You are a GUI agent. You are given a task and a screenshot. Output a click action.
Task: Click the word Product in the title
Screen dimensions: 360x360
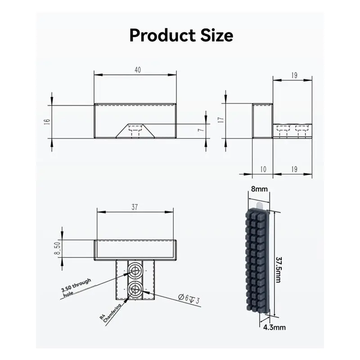tap(162, 36)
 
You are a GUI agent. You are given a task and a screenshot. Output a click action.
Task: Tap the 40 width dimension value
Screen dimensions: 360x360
tap(138, 70)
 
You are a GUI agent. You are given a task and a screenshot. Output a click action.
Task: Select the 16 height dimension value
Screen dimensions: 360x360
tap(47, 121)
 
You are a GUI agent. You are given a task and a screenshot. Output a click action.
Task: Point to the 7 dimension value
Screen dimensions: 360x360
tap(201, 130)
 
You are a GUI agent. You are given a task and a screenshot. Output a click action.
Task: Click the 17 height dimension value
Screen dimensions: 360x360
tap(221, 120)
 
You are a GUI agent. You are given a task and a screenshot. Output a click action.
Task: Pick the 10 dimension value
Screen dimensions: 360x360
tap(263, 170)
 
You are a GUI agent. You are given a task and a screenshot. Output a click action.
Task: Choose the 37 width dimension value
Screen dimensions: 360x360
tap(135, 207)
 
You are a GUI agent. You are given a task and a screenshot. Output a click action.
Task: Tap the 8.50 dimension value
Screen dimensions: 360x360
tap(57, 248)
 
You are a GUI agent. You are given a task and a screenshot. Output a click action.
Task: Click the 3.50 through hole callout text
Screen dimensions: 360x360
tap(76, 288)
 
